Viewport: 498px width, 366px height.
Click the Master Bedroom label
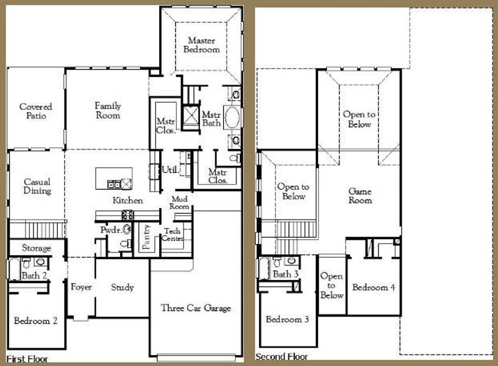201,45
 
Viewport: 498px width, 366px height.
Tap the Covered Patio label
35,111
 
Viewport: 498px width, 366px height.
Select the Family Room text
107,110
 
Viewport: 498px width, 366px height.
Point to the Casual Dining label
37,186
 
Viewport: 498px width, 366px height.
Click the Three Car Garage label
196,308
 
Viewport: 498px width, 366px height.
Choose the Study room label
122,287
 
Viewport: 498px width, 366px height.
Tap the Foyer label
81,287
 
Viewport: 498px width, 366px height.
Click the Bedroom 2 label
36,321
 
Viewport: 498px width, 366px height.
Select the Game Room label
360,196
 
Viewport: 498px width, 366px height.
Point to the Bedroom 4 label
374,287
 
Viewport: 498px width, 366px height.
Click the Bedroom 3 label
287,320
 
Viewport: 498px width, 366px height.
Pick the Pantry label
146,238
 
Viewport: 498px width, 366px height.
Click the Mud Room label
180,203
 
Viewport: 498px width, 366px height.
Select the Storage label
37,248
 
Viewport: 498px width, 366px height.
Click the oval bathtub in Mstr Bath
232,117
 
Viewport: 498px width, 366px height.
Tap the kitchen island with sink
114,179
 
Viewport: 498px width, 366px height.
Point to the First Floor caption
27,359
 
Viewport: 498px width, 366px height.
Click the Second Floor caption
282,357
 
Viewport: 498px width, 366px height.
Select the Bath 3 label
285,274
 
